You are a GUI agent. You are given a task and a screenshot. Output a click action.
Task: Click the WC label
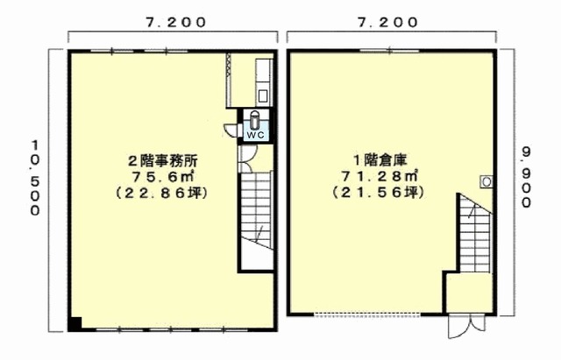coord(255,135)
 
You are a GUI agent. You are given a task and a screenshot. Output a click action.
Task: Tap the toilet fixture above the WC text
coord(255,120)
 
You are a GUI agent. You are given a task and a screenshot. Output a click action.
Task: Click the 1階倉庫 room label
coord(380,160)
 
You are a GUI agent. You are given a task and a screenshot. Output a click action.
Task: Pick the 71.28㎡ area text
coord(380,176)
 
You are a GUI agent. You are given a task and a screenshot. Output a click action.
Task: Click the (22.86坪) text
coord(161,193)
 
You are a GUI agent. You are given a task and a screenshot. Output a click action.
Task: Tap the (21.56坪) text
coord(379,193)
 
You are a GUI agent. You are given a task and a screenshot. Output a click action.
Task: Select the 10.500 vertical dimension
coord(35,178)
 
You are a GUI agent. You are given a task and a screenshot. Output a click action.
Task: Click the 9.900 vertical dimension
coord(526,177)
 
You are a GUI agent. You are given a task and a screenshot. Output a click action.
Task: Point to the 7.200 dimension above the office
coord(175,23)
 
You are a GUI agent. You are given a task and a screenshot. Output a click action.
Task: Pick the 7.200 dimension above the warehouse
coord(387,23)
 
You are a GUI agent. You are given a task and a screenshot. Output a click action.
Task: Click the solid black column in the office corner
coord(75,323)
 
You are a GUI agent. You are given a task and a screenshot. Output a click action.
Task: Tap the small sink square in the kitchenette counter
coord(263,95)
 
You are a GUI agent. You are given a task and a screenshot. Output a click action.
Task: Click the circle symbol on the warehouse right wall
coord(486,182)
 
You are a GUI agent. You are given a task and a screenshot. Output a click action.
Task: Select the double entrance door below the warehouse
coord(467,326)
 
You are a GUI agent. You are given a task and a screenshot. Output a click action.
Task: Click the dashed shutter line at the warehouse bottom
coord(366,315)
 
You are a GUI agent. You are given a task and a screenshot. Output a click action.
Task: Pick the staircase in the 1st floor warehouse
coord(475,233)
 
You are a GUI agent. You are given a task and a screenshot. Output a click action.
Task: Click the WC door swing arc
coord(230,130)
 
